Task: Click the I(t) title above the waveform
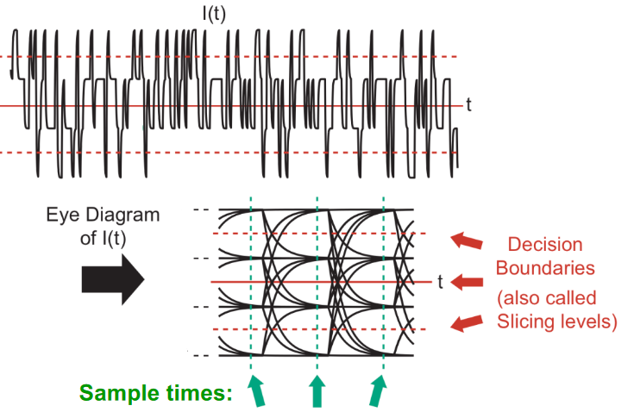pyautogui.click(x=214, y=13)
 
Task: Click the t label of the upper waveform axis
pyautogui.click(x=468, y=104)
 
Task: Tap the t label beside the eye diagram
pyautogui.click(x=441, y=281)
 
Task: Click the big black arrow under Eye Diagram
pyautogui.click(x=113, y=278)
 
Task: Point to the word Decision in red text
pyautogui.click(x=544, y=245)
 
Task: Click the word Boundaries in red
pyautogui.click(x=545, y=268)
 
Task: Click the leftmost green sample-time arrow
pyautogui.click(x=256, y=390)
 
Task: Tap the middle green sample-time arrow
pyautogui.click(x=317, y=390)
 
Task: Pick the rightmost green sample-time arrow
pyautogui.click(x=378, y=390)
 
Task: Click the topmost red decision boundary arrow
pyautogui.click(x=466, y=241)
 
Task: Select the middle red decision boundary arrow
pyautogui.click(x=467, y=282)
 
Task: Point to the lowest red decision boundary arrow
pyautogui.click(x=466, y=322)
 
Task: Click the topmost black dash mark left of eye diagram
pyautogui.click(x=201, y=209)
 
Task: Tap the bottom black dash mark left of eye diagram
pyautogui.click(x=201, y=355)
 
